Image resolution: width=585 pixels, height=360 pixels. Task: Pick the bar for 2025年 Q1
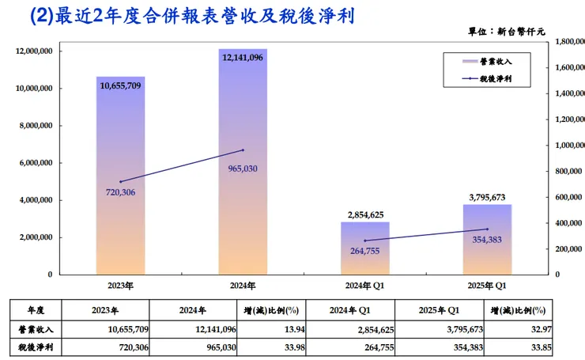[487, 245]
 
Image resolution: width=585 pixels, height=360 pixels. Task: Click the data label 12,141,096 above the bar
[243, 56]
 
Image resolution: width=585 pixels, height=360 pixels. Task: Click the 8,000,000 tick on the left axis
[34, 126]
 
